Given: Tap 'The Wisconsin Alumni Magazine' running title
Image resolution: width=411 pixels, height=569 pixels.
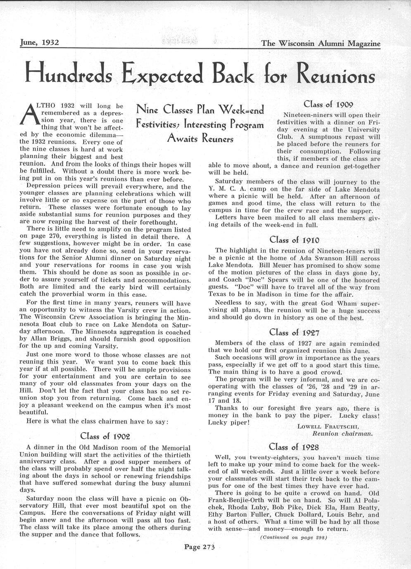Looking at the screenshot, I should coord(321,43).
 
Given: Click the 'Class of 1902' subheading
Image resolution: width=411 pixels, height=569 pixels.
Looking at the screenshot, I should coord(106,436).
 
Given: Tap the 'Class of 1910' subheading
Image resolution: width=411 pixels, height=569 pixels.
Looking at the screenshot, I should coord(294,239).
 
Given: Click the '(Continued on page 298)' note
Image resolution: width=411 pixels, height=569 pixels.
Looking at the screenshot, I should coord(294,537).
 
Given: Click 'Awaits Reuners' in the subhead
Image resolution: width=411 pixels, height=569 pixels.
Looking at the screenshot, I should coord(200,139).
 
